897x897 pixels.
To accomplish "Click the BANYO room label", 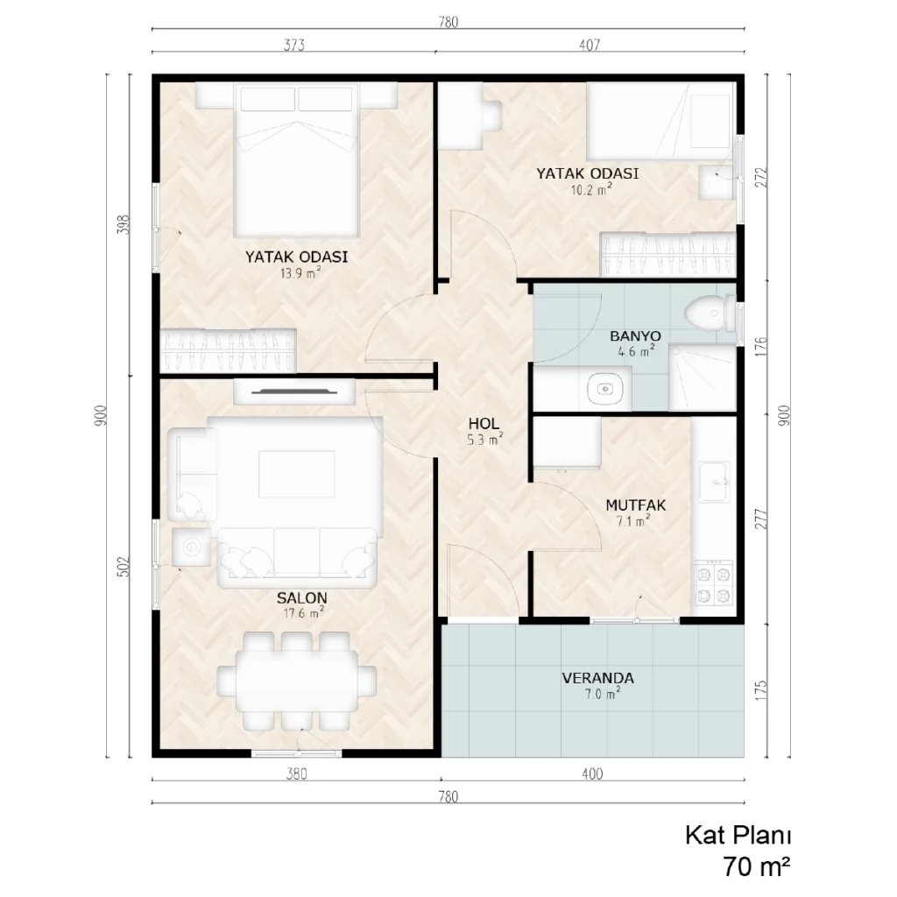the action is (635, 335).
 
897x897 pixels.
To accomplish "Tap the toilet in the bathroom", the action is (710, 314).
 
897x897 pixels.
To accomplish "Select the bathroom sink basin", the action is (605, 389).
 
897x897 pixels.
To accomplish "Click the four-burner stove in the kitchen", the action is (713, 583).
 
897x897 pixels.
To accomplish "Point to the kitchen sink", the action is (714, 482).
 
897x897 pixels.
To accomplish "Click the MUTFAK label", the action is (636, 505).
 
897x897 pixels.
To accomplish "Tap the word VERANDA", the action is (597, 678).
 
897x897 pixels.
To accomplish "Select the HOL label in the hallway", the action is (484, 424).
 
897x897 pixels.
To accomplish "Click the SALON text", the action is (302, 597).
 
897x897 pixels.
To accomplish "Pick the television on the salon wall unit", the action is (294, 392).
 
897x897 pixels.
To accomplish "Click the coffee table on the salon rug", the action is (296, 474).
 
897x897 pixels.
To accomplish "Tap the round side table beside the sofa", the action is (191, 547).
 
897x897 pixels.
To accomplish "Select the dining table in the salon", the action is (296, 681).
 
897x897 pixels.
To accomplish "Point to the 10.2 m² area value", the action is (591, 189).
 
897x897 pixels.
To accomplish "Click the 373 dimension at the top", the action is (294, 45).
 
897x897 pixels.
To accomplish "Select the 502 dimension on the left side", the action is (124, 567).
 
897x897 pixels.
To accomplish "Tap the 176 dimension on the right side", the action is (761, 347).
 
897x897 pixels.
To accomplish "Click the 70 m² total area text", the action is (756, 866).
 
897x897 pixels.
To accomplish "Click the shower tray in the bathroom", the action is (703, 378).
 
